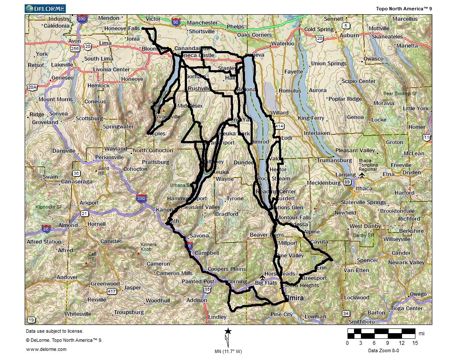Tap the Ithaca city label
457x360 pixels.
click(x=364, y=189)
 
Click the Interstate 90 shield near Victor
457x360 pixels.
click(x=175, y=22)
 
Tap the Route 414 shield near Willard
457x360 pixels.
click(x=280, y=126)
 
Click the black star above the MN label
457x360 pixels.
click(x=228, y=331)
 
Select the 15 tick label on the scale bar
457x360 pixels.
click(x=415, y=343)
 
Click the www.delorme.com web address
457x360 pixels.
click(x=46, y=349)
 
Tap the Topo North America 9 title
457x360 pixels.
click(x=404, y=8)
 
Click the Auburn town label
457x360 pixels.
click(x=349, y=35)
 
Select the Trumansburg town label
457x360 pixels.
click(x=335, y=161)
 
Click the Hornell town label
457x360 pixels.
click(x=96, y=224)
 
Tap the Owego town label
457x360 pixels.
click(x=418, y=294)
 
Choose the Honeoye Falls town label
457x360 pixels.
click(x=122, y=29)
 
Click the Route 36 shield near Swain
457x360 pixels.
click(x=77, y=173)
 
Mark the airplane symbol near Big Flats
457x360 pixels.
click(x=262, y=277)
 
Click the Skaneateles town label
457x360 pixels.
click(x=387, y=37)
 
